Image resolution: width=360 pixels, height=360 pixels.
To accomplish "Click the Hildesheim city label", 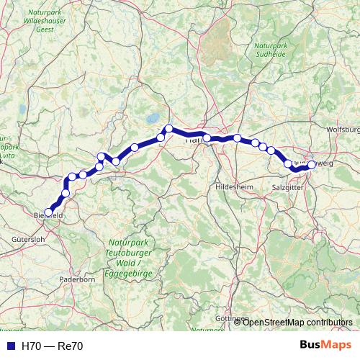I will tap(234, 186).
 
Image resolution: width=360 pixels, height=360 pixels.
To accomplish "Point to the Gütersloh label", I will tap(29, 238).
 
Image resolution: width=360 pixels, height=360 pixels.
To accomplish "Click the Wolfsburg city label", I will tap(343, 130).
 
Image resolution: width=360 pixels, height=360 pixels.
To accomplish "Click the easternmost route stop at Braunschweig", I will tap(312, 165).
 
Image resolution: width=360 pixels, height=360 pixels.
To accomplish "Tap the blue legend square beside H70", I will tap(11, 346).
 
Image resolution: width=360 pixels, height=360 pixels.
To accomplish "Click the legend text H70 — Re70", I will tap(53, 346).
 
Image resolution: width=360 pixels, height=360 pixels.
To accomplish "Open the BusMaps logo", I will tap(325, 345).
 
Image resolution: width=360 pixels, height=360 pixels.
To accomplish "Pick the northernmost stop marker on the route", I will tap(169, 129).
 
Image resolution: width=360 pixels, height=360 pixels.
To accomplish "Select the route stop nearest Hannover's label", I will tap(207, 138).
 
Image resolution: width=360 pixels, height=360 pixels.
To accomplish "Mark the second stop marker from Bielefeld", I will tap(66, 193).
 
